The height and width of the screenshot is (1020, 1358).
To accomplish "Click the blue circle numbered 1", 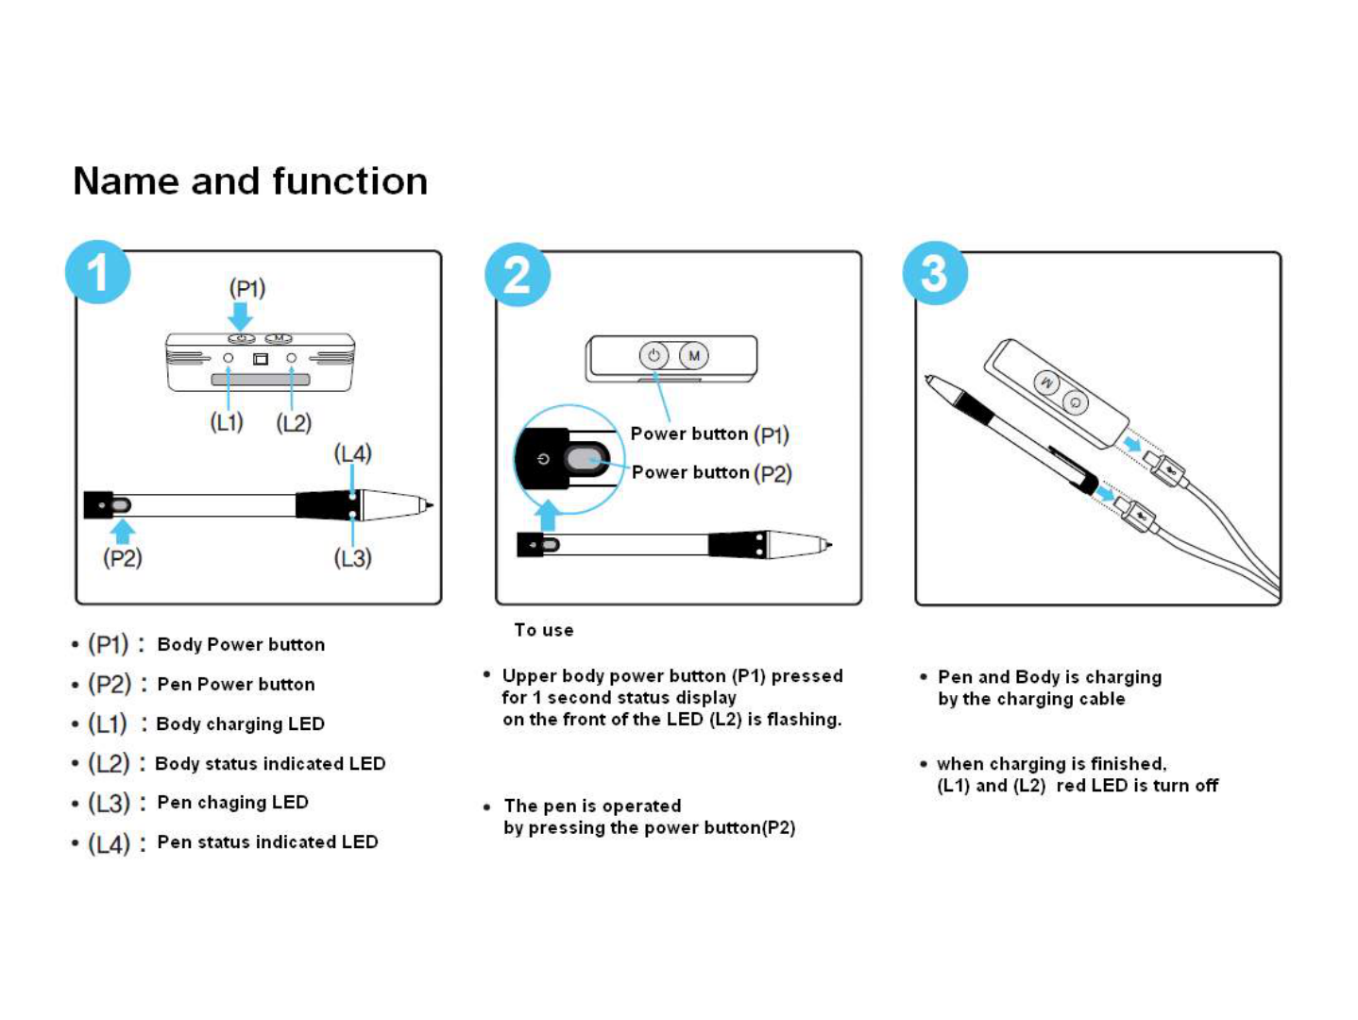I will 97,273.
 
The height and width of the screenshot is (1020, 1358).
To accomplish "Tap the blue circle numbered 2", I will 517,275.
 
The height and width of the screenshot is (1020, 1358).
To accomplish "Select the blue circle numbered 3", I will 935,274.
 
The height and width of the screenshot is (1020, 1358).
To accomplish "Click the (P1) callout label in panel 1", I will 247,288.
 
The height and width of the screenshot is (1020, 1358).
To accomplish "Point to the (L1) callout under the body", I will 227,422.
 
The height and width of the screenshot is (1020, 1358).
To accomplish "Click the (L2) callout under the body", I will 294,422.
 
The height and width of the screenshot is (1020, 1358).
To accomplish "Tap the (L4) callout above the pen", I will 353,453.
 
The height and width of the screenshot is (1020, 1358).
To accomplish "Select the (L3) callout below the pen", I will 352,558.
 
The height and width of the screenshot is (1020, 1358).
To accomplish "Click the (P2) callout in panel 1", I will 123,558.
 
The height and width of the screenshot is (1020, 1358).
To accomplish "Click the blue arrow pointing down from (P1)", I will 241,314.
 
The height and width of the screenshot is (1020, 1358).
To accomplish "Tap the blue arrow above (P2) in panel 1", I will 123,531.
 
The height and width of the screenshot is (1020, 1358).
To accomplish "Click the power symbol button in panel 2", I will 654,356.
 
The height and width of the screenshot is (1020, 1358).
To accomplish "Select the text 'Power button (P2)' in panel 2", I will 711,472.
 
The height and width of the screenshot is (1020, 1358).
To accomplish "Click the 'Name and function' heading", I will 250,180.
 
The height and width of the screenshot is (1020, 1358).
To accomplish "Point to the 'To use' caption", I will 543,630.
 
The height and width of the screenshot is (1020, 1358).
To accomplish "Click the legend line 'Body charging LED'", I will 240,723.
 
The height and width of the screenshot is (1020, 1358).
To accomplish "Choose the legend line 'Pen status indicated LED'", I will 267,841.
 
